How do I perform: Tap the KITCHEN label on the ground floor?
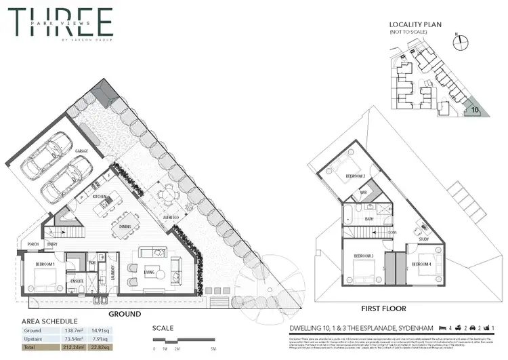(x=101, y=197)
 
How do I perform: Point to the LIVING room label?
(x=149, y=272)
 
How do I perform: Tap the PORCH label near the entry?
(x=32, y=245)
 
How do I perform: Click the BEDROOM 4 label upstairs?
(x=423, y=264)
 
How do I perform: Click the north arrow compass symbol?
(x=461, y=39)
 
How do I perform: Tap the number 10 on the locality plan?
(x=475, y=108)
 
